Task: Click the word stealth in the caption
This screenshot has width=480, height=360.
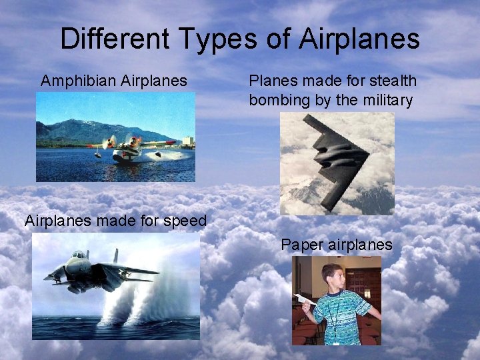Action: (392, 81)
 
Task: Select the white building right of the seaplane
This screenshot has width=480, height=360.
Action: (187, 141)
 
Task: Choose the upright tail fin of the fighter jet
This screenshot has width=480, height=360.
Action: (115, 256)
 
